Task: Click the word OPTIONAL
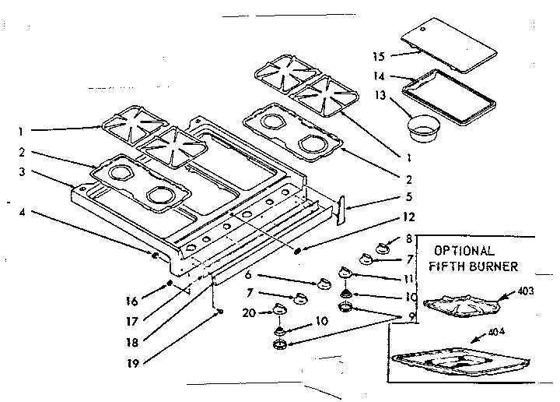[464, 251]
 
